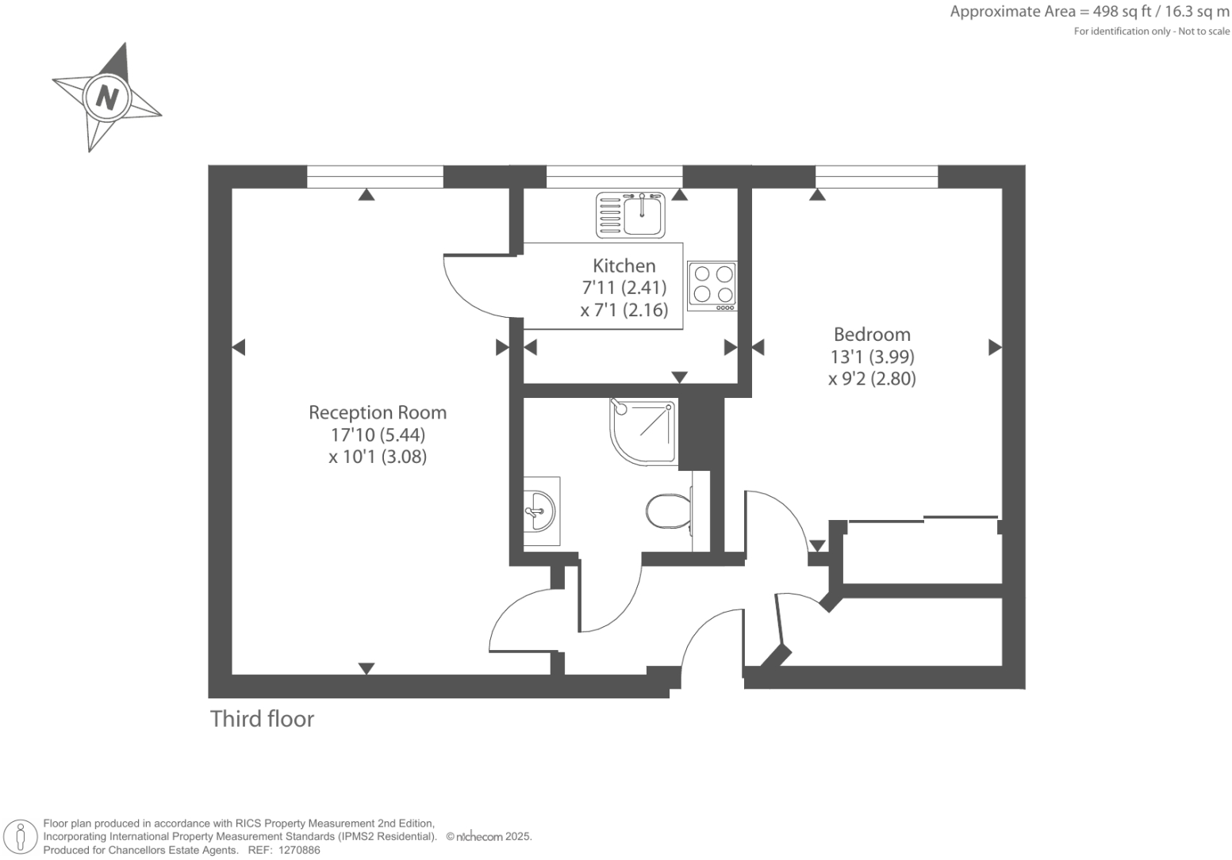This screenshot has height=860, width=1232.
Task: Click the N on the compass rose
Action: [106, 97]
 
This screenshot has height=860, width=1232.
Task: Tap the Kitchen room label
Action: [624, 266]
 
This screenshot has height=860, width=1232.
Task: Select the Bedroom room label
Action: [872, 334]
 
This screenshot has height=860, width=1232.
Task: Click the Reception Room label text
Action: [378, 412]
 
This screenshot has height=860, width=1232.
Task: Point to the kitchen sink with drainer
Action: [631, 215]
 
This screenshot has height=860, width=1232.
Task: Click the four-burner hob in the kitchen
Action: [712, 285]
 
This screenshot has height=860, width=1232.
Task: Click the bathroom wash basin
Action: [540, 511]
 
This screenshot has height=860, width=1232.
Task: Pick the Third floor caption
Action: [262, 719]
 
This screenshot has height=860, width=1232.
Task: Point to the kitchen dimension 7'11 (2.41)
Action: [624, 288]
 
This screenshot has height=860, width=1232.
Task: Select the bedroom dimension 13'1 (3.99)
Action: [872, 357]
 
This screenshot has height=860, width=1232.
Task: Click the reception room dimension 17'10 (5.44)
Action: [378, 434]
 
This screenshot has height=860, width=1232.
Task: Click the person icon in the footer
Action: [21, 837]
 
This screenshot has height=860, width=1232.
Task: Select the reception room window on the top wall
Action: [374, 177]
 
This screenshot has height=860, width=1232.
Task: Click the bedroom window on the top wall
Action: [876, 177]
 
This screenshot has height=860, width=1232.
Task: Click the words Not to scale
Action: [1203, 32]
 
